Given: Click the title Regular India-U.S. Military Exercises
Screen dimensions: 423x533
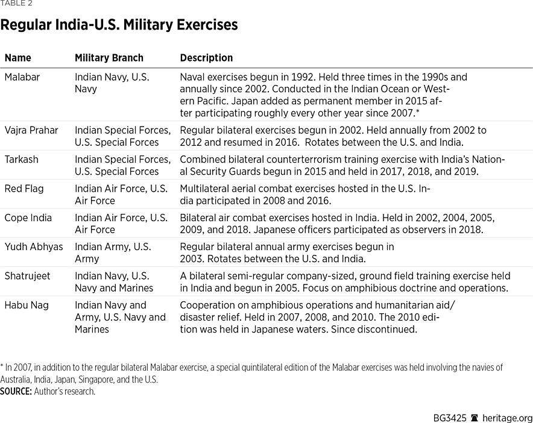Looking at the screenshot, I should (x=119, y=25).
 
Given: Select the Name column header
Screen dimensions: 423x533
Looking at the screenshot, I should (x=17, y=58).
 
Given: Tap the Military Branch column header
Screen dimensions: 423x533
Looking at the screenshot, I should (x=109, y=58).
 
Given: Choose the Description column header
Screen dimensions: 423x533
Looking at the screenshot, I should (x=206, y=58).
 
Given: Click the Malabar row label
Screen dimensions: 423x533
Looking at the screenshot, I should (x=22, y=77).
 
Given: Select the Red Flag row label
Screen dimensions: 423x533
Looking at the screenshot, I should (x=24, y=189).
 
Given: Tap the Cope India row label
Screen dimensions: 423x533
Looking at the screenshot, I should (x=28, y=218).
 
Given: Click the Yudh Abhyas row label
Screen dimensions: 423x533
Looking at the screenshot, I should (x=34, y=246).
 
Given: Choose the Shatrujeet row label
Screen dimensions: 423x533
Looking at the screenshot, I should (x=28, y=276).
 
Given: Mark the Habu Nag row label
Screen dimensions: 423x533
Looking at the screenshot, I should (x=26, y=305).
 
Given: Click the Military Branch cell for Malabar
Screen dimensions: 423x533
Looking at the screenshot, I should (x=112, y=83).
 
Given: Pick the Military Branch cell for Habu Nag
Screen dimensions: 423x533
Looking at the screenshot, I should (x=119, y=317).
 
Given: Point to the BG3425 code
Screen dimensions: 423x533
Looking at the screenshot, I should (x=450, y=418).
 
